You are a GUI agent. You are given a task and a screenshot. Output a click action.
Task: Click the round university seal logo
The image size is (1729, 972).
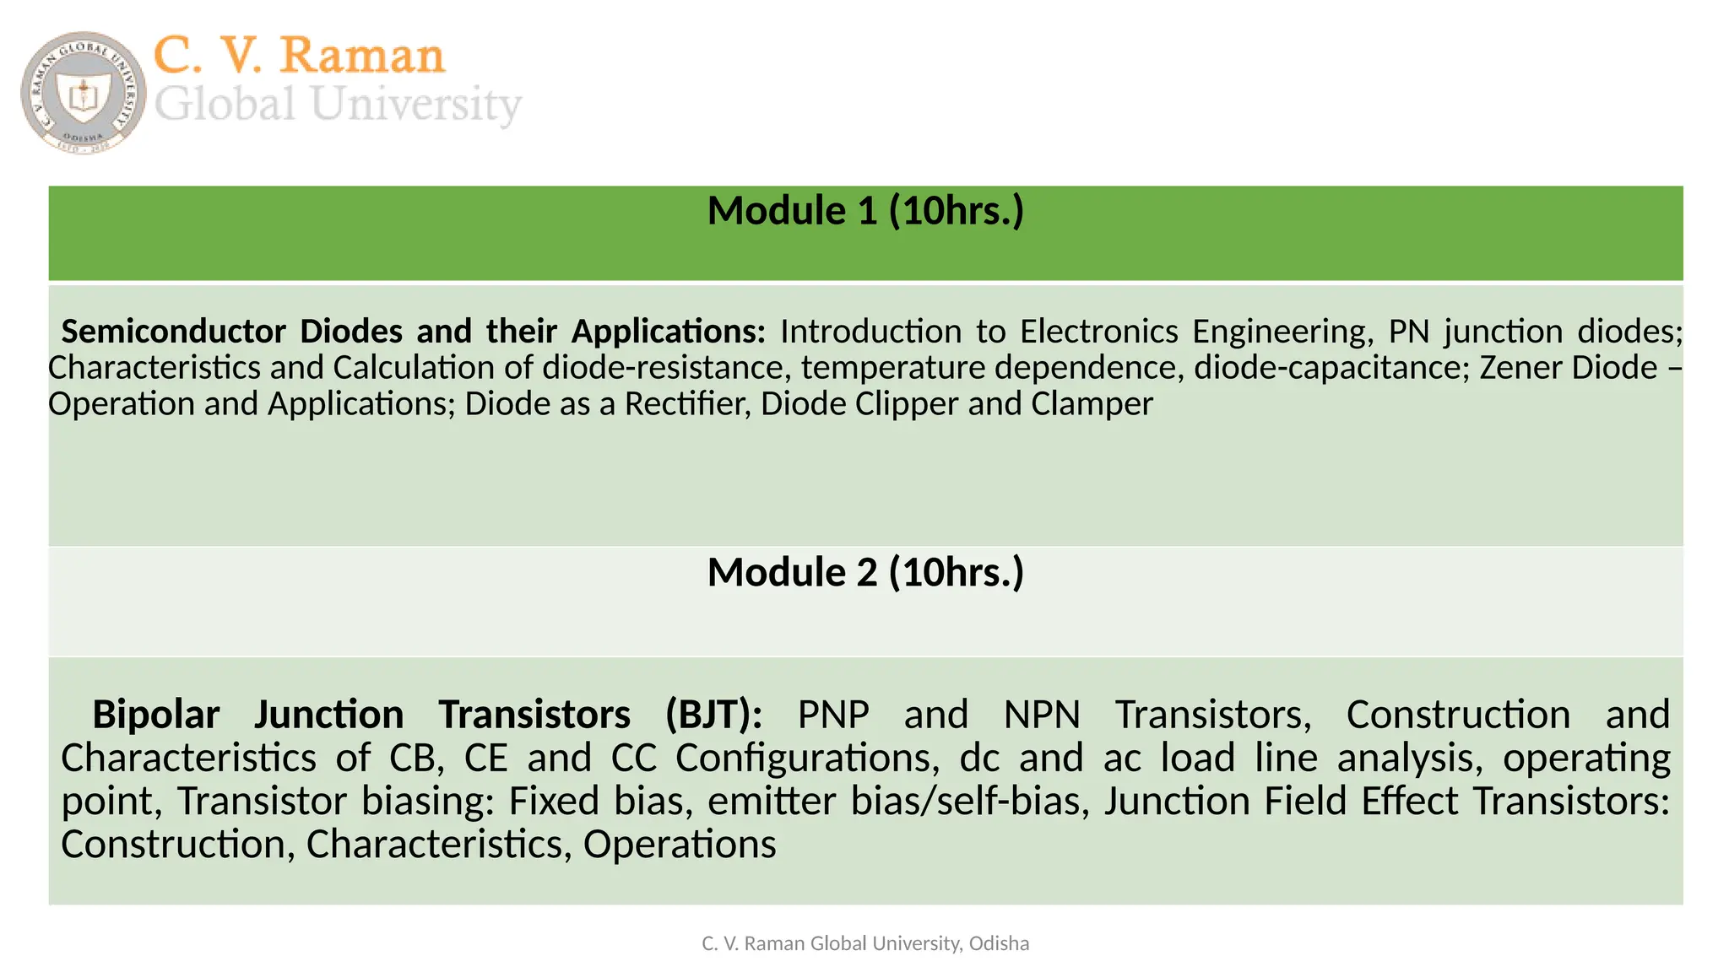(x=83, y=92)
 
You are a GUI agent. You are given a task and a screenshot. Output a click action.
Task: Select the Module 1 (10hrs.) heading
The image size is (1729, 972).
(x=865, y=210)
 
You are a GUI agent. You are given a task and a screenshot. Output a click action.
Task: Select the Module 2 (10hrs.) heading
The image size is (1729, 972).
(x=865, y=572)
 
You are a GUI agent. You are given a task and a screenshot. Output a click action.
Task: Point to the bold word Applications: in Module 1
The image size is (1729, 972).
(x=668, y=332)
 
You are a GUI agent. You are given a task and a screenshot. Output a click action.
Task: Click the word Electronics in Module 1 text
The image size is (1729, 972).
(x=1098, y=332)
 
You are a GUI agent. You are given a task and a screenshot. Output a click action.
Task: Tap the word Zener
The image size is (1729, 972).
(x=1515, y=368)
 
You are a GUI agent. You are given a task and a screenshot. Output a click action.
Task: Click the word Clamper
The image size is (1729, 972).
(x=1092, y=404)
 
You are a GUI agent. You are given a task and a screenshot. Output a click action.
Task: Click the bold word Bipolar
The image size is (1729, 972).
(x=155, y=715)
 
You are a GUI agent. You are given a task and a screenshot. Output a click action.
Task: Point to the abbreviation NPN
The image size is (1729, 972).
(x=1042, y=715)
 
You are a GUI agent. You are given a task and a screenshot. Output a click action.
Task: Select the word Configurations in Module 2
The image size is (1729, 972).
(x=806, y=758)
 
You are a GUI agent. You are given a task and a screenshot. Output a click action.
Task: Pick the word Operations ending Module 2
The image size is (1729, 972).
(x=679, y=844)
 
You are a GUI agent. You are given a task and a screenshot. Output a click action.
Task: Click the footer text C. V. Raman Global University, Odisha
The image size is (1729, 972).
(x=865, y=943)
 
